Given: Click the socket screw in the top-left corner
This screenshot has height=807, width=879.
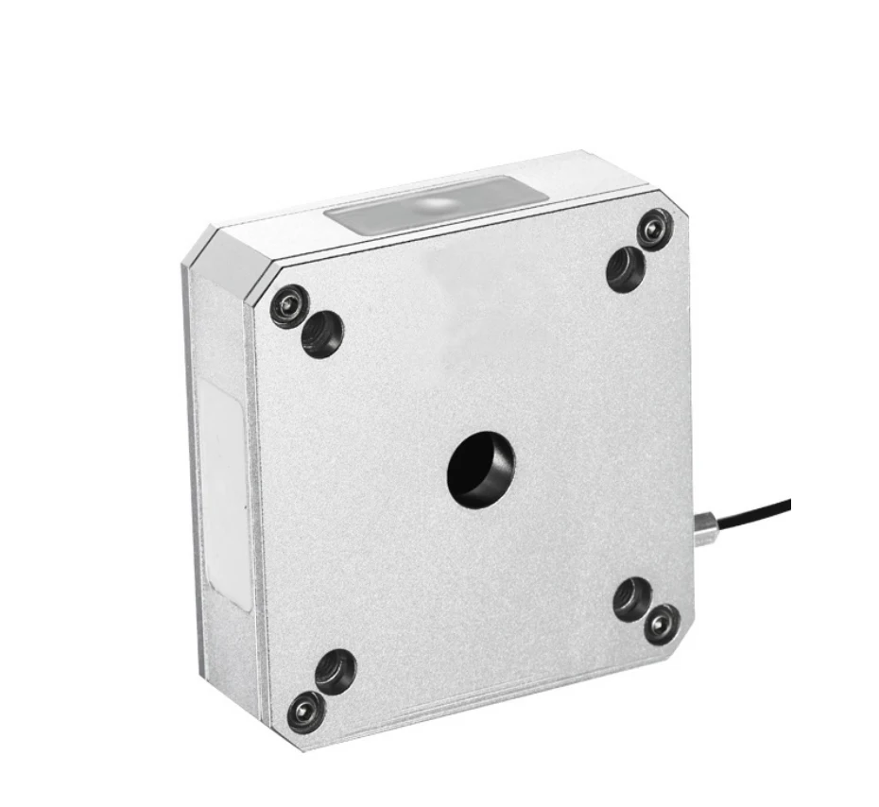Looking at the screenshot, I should pos(289,306).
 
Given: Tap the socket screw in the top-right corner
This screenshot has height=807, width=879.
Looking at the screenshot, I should pos(653,228).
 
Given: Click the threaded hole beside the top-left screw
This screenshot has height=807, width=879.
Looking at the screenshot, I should pos(322,335).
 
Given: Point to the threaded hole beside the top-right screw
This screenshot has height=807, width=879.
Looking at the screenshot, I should pos(626,268).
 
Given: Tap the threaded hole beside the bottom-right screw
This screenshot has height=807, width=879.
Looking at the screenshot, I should pos(632,598).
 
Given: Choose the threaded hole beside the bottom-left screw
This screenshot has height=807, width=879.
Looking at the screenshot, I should pos(336,670).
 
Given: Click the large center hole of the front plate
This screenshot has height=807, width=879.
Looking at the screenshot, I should pos(481,467).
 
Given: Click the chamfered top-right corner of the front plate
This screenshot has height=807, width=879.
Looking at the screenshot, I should pos(676,203).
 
